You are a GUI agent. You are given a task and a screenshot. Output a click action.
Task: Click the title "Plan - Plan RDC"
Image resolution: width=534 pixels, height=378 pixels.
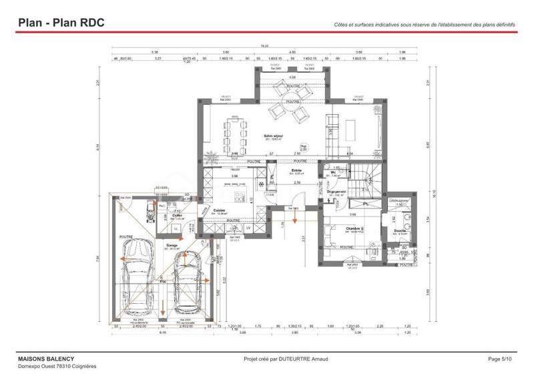(61, 22)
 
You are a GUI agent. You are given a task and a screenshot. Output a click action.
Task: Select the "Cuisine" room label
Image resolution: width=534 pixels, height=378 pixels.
(219, 210)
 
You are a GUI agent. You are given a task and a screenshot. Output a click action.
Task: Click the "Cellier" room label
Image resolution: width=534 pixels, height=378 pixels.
(177, 216)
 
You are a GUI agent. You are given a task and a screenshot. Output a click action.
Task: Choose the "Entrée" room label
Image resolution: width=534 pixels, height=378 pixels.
(296, 171)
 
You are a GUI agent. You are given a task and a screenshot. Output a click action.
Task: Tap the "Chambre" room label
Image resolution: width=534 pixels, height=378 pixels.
(353, 228)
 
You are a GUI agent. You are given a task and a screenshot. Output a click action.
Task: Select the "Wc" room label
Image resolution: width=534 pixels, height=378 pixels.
(332, 172)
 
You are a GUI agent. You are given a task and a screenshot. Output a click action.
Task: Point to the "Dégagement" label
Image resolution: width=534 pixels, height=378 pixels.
(336, 192)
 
